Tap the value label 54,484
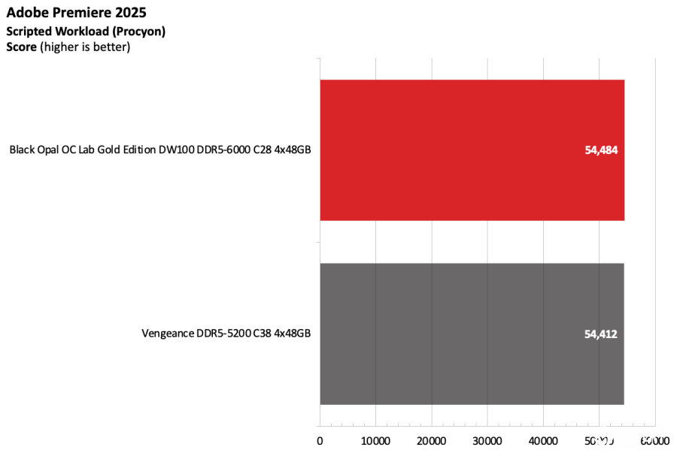[601, 149]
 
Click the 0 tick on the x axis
[320, 440]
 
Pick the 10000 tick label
[375, 440]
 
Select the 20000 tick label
[432, 440]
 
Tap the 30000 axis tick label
[487, 440]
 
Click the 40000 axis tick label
[543, 440]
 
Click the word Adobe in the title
[26, 13]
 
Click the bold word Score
[21, 47]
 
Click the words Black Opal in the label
[35, 149]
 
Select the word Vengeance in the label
[171, 334]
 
